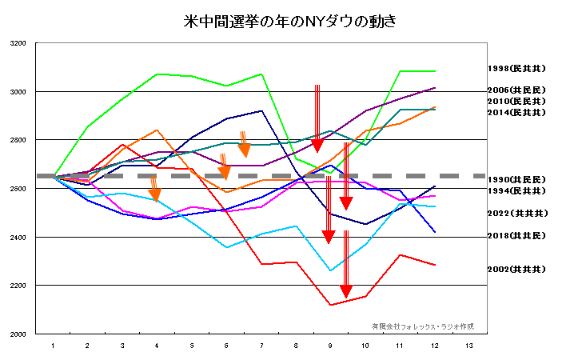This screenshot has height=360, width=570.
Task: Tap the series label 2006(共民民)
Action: click(516, 90)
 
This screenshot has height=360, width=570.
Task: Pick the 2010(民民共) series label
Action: click(516, 102)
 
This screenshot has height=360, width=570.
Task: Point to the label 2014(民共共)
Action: click(516, 113)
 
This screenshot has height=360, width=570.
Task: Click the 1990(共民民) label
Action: click(516, 179)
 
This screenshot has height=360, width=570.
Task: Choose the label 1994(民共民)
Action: click(516, 191)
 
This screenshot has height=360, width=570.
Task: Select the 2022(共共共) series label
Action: click(516, 214)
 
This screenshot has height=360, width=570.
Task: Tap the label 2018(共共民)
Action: click(516, 236)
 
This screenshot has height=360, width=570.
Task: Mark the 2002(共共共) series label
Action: click(516, 270)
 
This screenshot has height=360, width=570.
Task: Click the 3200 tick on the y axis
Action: click(17, 43)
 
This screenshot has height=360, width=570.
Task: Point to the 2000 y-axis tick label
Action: click(17, 334)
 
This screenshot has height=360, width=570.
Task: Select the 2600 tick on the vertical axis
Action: click(17, 189)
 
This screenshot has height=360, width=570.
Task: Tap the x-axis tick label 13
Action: click(468, 346)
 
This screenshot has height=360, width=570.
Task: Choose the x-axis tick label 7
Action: click(261, 346)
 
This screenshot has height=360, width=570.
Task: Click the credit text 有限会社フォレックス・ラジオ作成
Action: click(422, 326)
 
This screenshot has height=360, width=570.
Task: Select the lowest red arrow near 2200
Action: click(345, 264)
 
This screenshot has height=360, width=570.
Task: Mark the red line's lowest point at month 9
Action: click(330, 305)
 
